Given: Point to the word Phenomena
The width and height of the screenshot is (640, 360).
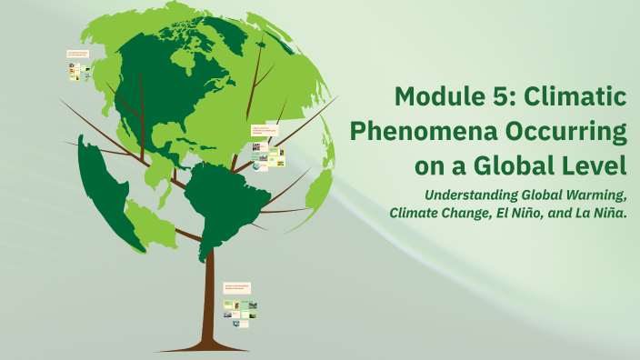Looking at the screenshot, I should click(x=425, y=132).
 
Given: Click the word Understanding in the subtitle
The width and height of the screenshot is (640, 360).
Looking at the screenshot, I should click(x=471, y=195).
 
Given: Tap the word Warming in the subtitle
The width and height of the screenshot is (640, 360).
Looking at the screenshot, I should click(x=595, y=195).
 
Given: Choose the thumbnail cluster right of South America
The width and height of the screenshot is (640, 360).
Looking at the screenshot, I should click(x=268, y=149).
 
